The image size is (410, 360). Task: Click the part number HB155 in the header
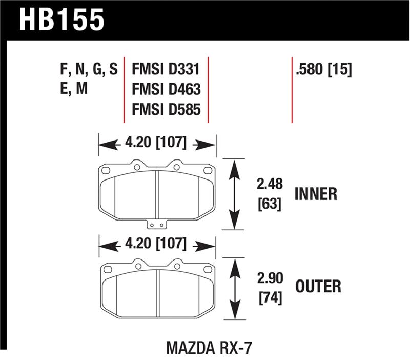coord(62,21)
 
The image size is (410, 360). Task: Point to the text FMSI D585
coord(166,109)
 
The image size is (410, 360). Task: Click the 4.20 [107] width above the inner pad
coord(157,143)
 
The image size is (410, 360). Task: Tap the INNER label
coord(316,194)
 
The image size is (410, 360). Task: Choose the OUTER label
coord(318,286)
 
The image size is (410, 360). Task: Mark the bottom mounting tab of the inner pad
coord(156,225)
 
